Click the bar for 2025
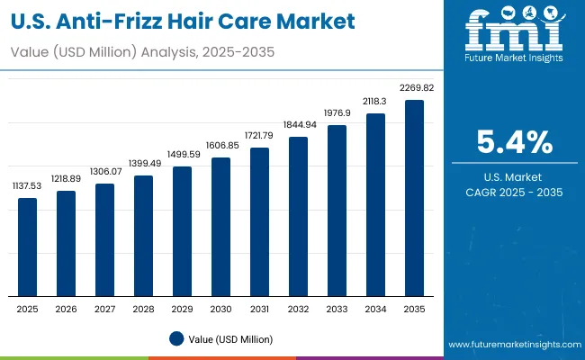(28, 247)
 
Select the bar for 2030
(220, 227)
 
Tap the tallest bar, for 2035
(414, 198)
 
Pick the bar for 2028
(144, 236)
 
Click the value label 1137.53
(28, 185)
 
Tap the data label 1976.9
(337, 112)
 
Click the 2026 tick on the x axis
(67, 309)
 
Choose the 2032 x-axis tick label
(298, 309)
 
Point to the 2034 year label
(375, 309)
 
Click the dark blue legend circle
(177, 338)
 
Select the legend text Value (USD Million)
(230, 338)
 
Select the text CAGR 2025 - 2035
(514, 193)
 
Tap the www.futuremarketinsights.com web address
(511, 345)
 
